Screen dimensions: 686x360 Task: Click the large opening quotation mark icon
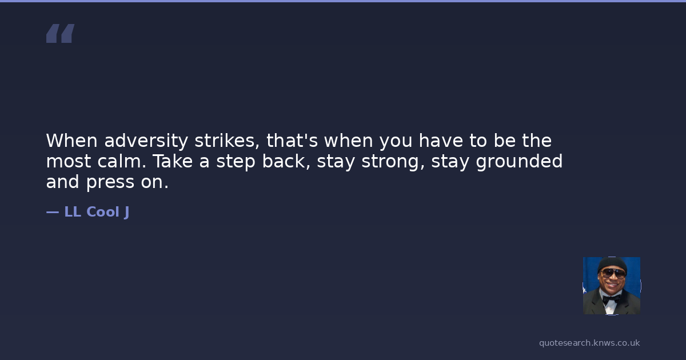click(x=61, y=33)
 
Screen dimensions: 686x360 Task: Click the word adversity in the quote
click(x=146, y=141)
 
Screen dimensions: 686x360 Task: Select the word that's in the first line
click(x=292, y=141)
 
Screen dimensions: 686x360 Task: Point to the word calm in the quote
click(x=122, y=161)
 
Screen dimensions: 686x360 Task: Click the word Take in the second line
click(x=173, y=161)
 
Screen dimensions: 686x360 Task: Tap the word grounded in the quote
click(x=519, y=162)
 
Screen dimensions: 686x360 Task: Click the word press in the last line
click(x=110, y=182)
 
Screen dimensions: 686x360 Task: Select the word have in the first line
click(x=441, y=141)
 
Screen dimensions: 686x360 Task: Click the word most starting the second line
click(x=69, y=161)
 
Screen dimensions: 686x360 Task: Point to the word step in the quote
click(x=236, y=162)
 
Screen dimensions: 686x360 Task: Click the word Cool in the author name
click(x=103, y=212)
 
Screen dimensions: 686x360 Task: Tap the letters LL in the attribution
click(x=73, y=212)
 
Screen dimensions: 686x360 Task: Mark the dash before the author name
click(x=53, y=212)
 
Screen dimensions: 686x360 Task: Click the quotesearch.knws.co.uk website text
click(x=589, y=343)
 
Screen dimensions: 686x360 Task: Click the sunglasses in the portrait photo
click(x=612, y=273)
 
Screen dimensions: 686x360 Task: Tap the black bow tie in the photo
click(x=611, y=299)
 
